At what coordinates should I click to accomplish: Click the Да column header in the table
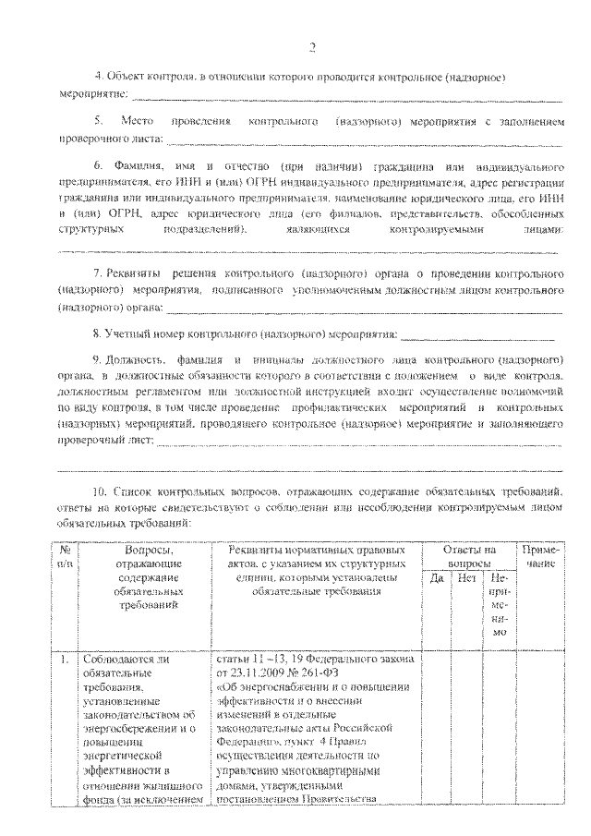(x=437, y=579)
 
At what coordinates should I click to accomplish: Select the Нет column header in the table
(x=466, y=579)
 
